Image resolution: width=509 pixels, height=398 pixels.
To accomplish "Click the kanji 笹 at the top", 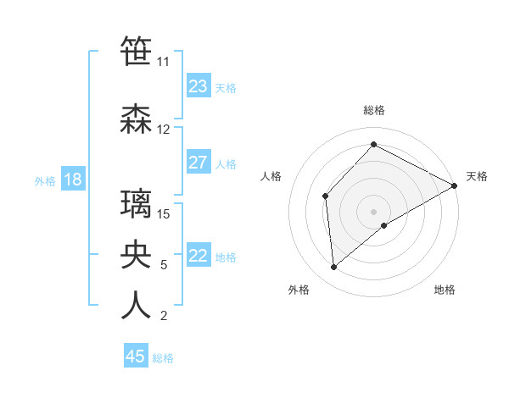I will point(136,52).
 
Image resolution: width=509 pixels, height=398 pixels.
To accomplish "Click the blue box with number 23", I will point(199,86).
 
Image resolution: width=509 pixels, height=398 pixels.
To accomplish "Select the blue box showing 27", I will point(199,163).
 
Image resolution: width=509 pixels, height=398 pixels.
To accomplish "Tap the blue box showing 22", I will point(199,257).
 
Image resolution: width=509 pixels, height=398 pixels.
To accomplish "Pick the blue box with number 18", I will point(71,180).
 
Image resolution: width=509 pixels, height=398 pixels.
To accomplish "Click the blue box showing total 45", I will point(136,357).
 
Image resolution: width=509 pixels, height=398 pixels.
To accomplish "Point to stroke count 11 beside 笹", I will point(163,62).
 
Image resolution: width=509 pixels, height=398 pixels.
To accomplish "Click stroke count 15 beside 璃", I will point(164,213).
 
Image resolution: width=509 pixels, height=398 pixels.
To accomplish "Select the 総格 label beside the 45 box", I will point(163,358).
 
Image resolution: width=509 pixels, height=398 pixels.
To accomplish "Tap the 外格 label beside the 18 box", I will point(44,180).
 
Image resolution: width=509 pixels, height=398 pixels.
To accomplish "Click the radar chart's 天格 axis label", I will point(477,176).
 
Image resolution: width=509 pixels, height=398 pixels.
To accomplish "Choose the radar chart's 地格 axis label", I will point(445,290).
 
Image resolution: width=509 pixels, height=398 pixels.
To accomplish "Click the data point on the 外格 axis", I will point(334,268).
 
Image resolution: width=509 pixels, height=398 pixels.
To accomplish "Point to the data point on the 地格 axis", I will point(384,225).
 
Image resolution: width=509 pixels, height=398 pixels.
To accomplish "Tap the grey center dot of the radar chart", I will point(373,211).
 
